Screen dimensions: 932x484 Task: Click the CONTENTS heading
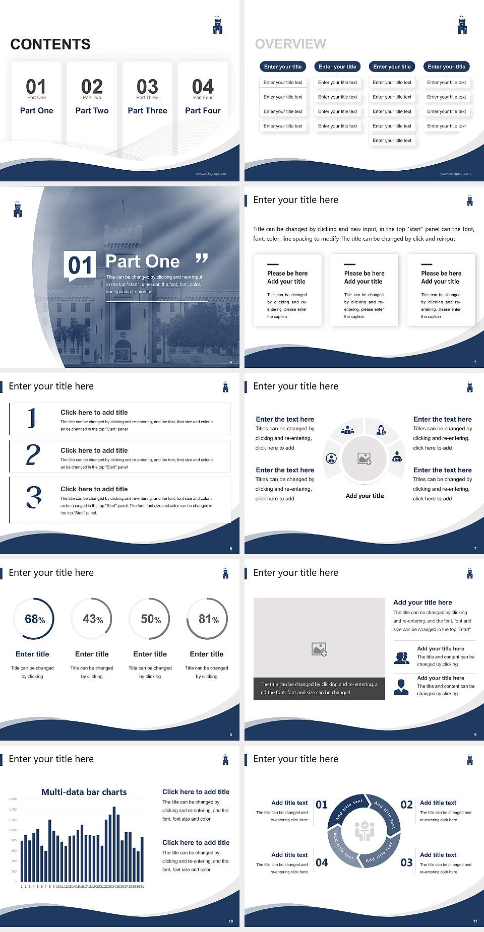pyautogui.click(x=50, y=44)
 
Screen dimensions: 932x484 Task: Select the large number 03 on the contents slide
pyautogui.click(x=147, y=87)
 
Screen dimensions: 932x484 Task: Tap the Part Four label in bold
pyautogui.click(x=203, y=110)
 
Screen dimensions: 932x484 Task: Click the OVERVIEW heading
pyautogui.click(x=290, y=44)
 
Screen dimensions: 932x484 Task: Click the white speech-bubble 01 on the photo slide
pyautogui.click(x=80, y=265)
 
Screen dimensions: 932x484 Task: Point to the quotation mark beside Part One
pyautogui.click(x=202, y=259)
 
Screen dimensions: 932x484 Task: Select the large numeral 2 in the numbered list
pyautogui.click(x=33, y=455)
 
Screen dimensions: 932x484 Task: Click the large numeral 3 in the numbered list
pyautogui.click(x=34, y=497)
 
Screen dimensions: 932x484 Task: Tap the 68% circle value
pyautogui.click(x=35, y=619)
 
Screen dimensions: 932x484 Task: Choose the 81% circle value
pyautogui.click(x=208, y=619)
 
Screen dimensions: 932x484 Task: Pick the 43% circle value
pyautogui.click(x=93, y=619)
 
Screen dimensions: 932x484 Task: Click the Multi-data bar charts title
pyautogui.click(x=84, y=792)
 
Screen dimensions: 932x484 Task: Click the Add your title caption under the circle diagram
pyautogui.click(x=365, y=496)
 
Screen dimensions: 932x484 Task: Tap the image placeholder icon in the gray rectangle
pyautogui.click(x=320, y=649)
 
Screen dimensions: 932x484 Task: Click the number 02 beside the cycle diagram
pyautogui.click(x=406, y=805)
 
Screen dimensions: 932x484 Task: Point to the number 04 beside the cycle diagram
pyautogui.click(x=322, y=862)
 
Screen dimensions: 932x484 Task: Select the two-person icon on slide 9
pyautogui.click(x=401, y=658)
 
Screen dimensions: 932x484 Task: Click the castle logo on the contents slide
pyautogui.click(x=218, y=25)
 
